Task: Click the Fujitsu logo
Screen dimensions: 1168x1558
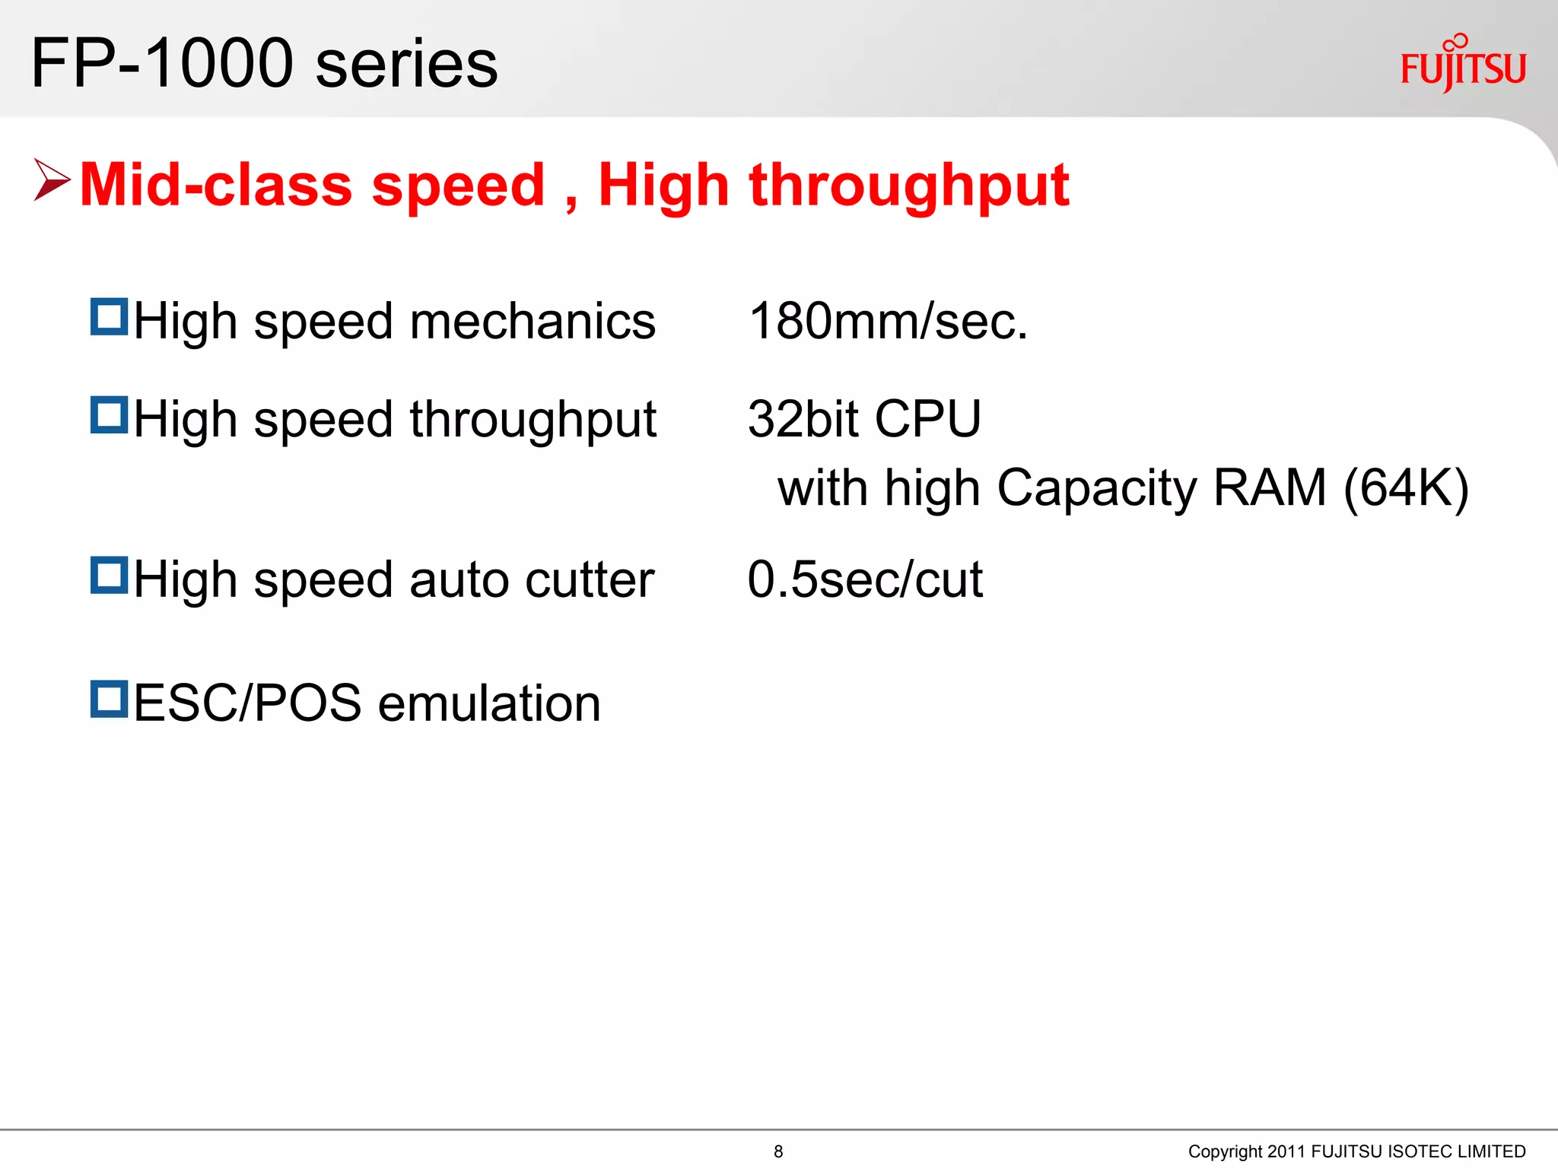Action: pyautogui.click(x=1463, y=65)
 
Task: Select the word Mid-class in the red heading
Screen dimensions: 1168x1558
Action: pyautogui.click(x=216, y=185)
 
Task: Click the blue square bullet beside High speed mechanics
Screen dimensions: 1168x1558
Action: pyautogui.click(x=109, y=316)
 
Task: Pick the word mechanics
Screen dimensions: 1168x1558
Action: pyautogui.click(x=533, y=321)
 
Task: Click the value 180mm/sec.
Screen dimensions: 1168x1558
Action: pyautogui.click(x=888, y=321)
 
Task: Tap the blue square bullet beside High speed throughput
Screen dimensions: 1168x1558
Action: pyautogui.click(x=109, y=414)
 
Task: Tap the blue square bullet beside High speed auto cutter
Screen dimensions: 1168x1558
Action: pyautogui.click(x=109, y=575)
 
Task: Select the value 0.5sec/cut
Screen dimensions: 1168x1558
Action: pyautogui.click(x=865, y=579)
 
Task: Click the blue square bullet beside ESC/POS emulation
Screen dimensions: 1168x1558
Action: pyautogui.click(x=109, y=699)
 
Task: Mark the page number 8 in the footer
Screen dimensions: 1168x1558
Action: pyautogui.click(x=778, y=1151)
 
